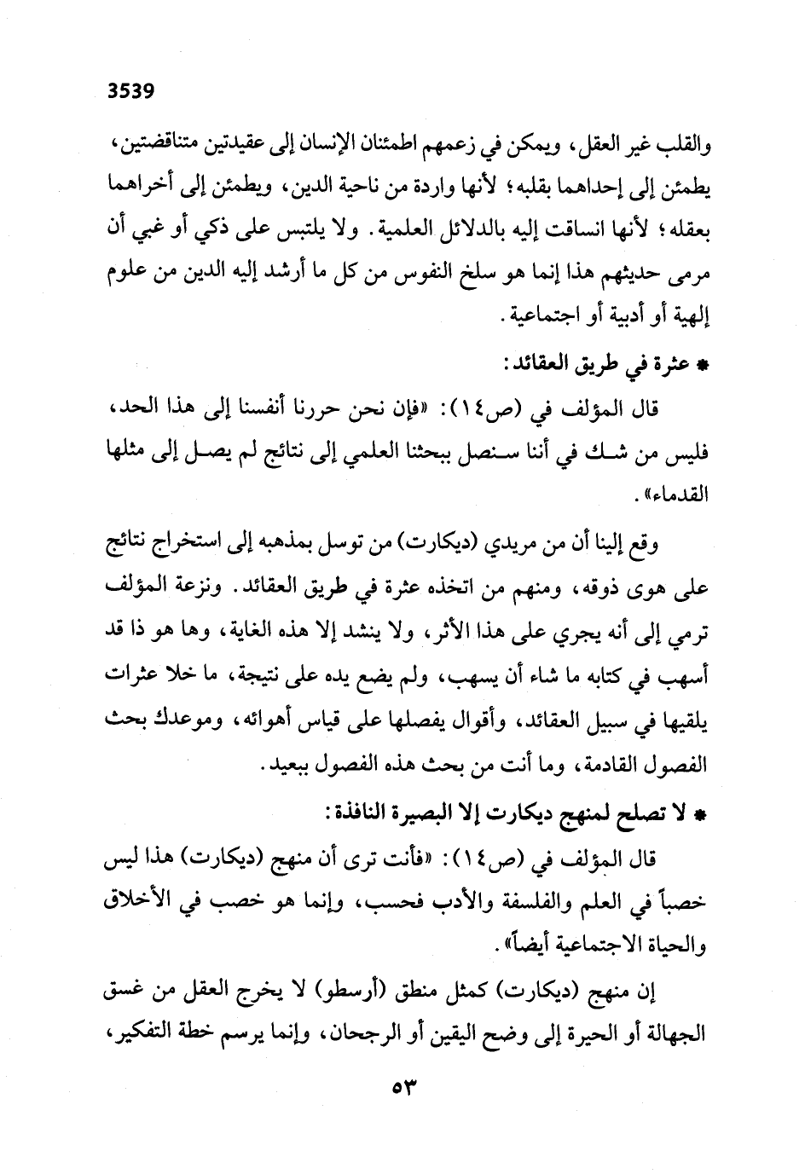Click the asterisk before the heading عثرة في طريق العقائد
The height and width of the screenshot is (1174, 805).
coord(703,365)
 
